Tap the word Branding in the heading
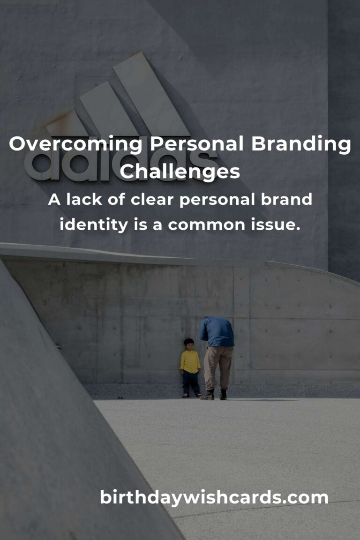[301, 144]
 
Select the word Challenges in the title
[180, 172]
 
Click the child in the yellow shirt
[190, 368]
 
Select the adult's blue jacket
[217, 331]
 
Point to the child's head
[189, 344]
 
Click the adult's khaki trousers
[217, 368]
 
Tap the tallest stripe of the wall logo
[151, 94]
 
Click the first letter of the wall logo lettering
[38, 166]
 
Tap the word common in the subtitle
[206, 225]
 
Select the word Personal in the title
[196, 143]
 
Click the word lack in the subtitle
[84, 199]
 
